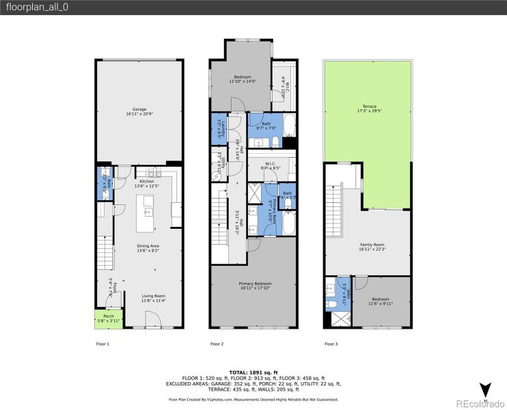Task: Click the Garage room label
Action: tap(139, 112)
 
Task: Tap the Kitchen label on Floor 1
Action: tap(147, 184)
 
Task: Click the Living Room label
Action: tap(154, 297)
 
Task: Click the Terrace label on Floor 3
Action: tap(369, 108)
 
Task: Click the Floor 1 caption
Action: tap(102, 344)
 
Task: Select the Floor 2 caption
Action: tap(217, 344)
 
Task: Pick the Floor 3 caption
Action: tap(331, 344)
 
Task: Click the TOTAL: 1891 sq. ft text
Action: tap(253, 371)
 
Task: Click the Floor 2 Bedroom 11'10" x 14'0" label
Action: tap(243, 79)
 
